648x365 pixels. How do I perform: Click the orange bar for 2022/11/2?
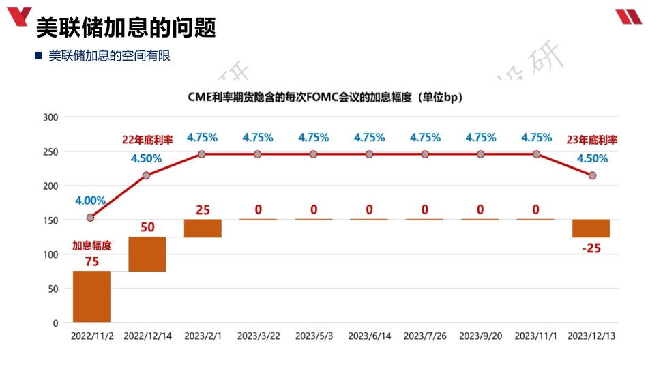point(91,296)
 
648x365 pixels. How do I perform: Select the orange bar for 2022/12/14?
point(147,254)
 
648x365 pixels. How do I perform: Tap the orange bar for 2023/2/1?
point(203,228)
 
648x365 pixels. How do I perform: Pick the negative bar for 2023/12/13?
point(591,228)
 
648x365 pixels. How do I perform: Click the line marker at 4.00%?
point(91,218)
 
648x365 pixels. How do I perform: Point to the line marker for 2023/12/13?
point(592,175)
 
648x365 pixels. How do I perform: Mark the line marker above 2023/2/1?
point(202,154)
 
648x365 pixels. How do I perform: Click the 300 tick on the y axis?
point(50,117)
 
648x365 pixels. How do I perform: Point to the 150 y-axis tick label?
point(50,220)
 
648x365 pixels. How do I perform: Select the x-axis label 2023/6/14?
point(369,336)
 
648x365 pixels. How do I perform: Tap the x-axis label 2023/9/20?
point(480,336)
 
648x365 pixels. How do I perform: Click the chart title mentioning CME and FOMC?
point(325,98)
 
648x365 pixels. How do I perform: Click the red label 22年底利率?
point(147,140)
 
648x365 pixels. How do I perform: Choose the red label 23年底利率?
point(592,141)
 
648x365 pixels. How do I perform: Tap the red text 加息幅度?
point(91,246)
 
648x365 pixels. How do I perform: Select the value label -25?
point(591,248)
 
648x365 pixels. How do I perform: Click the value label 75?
point(91,261)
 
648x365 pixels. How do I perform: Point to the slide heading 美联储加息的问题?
point(126,28)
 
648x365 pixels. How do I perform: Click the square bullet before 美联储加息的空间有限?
point(38,56)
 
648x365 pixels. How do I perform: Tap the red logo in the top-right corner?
point(628,16)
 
